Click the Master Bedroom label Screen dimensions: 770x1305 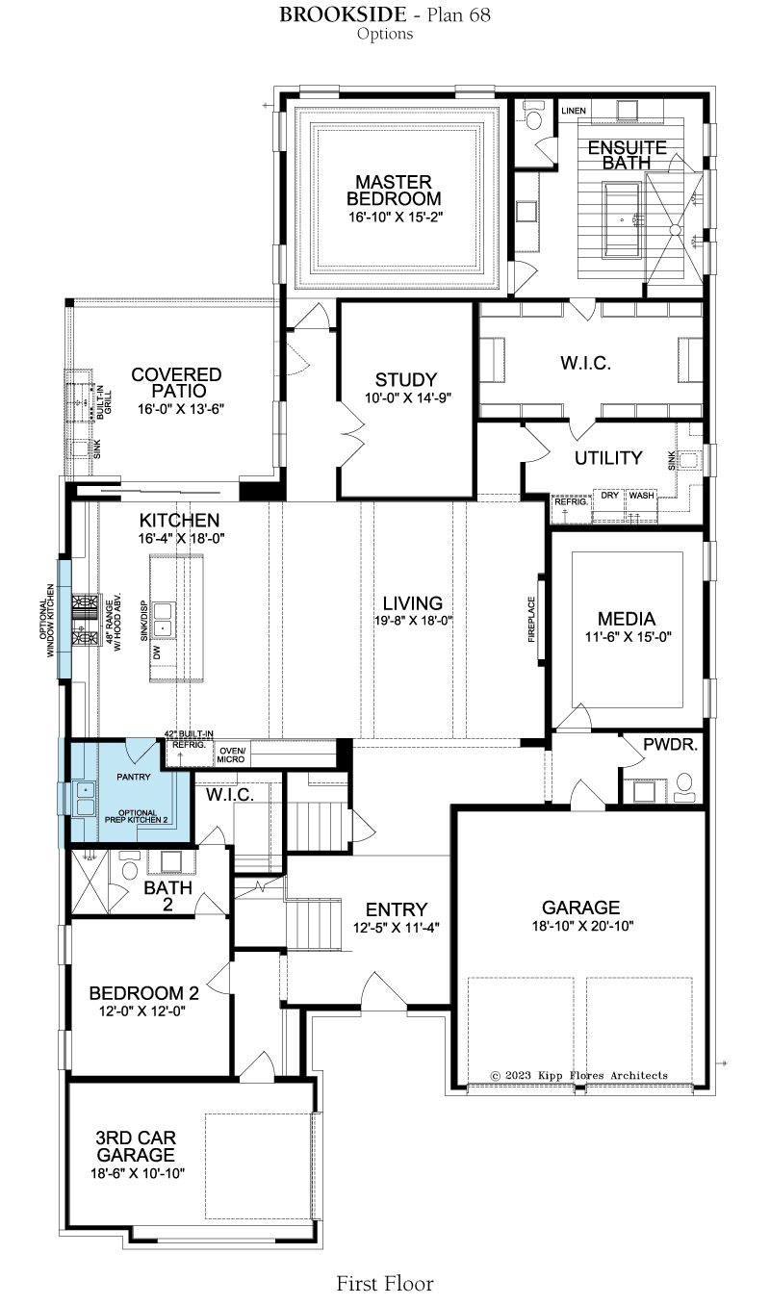point(394,191)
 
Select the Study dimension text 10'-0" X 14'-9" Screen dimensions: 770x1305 point(408,397)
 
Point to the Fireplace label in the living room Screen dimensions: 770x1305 point(531,619)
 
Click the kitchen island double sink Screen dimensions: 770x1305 point(162,619)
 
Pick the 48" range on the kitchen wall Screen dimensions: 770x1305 point(85,620)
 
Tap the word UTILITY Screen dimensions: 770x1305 point(608,458)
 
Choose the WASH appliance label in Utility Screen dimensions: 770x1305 point(641,496)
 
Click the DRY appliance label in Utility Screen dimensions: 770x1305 point(610,496)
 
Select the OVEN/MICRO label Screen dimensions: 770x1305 point(231,755)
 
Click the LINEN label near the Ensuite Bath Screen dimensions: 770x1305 point(574,111)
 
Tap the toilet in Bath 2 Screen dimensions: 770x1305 point(129,867)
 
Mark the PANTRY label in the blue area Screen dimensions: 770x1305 point(134,777)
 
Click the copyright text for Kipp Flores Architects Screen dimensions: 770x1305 point(579,1075)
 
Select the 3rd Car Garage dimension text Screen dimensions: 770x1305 point(138,1173)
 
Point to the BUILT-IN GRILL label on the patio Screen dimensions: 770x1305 point(104,399)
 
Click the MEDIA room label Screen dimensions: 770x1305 point(627,619)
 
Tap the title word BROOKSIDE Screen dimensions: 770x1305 point(342,14)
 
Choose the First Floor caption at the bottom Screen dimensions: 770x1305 point(385,1284)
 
